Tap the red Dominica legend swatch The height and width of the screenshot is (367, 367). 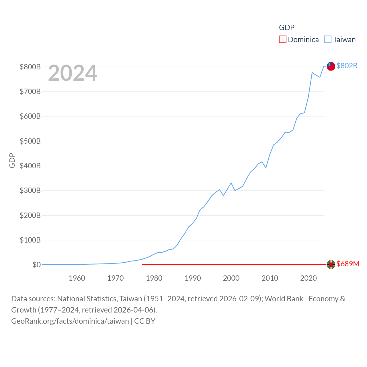pyautogui.click(x=283, y=39)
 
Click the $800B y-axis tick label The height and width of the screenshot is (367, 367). pyautogui.click(x=30, y=67)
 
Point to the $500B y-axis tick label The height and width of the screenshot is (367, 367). pyautogui.click(x=30, y=141)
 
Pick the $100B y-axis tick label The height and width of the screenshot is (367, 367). pyautogui.click(x=30, y=240)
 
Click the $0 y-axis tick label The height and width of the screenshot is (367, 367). pyautogui.click(x=37, y=265)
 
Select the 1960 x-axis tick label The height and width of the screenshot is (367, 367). pyautogui.click(x=77, y=278)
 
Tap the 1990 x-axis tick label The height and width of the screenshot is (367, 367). pyautogui.click(x=193, y=278)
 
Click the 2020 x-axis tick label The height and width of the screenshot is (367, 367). pyautogui.click(x=309, y=278)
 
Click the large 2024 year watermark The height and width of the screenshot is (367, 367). pyautogui.click(x=73, y=73)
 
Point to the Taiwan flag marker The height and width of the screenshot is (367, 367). pyautogui.click(x=331, y=66)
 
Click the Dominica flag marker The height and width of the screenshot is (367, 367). pyautogui.click(x=331, y=264)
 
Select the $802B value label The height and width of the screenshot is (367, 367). pyautogui.click(x=347, y=66)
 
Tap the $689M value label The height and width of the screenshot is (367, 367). pyautogui.click(x=348, y=264)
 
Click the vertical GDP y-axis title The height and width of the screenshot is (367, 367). pyautogui.click(x=12, y=161)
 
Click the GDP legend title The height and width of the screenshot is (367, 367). pyautogui.click(x=287, y=27)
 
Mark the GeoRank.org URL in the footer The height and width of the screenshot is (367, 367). pyautogui.click(x=70, y=321)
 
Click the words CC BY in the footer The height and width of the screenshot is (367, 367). pyautogui.click(x=145, y=321)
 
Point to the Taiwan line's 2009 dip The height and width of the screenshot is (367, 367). pyautogui.click(x=266, y=168)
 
